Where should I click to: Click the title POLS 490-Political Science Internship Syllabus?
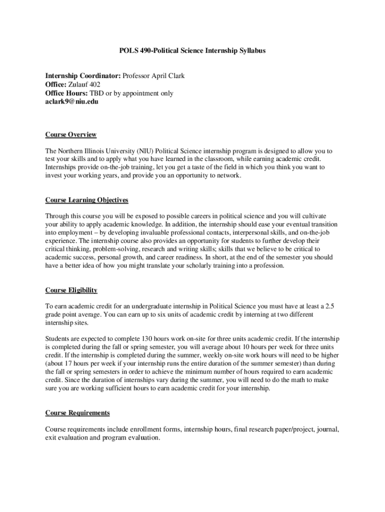(192, 50)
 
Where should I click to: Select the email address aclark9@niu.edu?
(72, 101)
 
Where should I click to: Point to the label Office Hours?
(66, 93)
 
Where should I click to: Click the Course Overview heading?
(70, 134)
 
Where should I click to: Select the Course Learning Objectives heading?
(86, 200)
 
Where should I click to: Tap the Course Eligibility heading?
(71, 290)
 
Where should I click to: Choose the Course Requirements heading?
(77, 412)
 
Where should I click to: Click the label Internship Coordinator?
(83, 76)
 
